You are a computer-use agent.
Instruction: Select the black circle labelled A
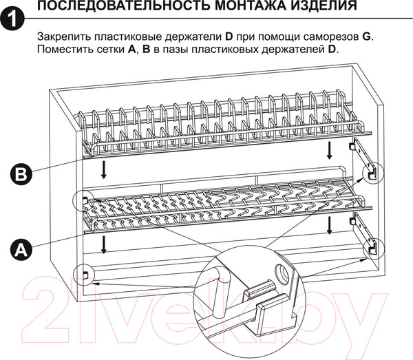[x=22, y=248]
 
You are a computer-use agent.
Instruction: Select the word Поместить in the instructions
[x=63, y=50]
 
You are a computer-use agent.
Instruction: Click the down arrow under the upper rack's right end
[x=332, y=149]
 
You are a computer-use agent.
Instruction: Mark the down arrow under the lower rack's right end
[x=332, y=224]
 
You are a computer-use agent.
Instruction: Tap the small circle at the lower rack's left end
[x=85, y=200]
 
